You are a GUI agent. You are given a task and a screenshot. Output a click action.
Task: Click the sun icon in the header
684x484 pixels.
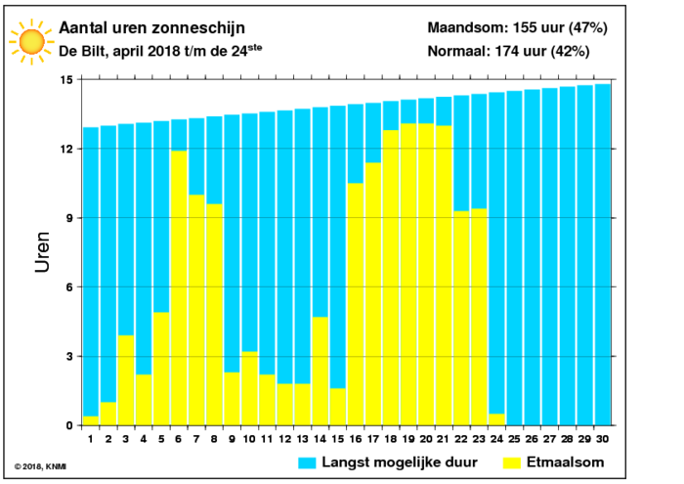click(x=32, y=42)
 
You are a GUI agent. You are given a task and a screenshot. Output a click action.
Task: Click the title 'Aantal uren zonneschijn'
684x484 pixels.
click(x=151, y=28)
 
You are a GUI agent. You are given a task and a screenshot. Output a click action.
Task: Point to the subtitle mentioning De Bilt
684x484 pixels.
click(x=160, y=51)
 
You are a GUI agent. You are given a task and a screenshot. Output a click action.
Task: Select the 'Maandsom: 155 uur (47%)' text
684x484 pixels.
click(x=517, y=27)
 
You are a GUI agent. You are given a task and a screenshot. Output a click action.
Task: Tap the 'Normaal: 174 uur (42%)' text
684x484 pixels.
click(x=509, y=51)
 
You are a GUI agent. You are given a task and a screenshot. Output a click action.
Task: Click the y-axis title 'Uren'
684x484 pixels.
click(x=42, y=252)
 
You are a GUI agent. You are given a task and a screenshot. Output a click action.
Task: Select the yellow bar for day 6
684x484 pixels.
click(x=179, y=288)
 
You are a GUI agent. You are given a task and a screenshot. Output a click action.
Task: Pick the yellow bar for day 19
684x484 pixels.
click(x=408, y=275)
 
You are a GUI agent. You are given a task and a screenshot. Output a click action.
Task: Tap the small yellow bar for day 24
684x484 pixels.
click(x=496, y=419)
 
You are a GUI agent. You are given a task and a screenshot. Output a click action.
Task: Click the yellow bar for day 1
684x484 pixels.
click(x=91, y=420)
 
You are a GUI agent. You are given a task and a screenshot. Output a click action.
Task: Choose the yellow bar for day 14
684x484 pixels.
click(x=321, y=371)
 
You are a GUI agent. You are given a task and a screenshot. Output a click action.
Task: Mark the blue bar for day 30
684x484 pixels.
click(x=603, y=255)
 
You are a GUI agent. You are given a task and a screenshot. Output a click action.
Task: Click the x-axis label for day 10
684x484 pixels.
click(x=249, y=439)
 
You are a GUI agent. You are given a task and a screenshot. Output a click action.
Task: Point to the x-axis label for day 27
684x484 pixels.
click(x=549, y=439)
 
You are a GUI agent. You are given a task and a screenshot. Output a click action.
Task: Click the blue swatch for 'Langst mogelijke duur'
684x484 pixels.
click(x=307, y=463)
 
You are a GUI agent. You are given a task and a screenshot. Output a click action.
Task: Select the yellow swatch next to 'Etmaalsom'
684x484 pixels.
click(x=512, y=463)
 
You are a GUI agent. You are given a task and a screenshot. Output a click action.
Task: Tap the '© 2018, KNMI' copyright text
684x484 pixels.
click(x=40, y=466)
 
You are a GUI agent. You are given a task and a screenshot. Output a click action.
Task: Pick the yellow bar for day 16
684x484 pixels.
click(x=356, y=304)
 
